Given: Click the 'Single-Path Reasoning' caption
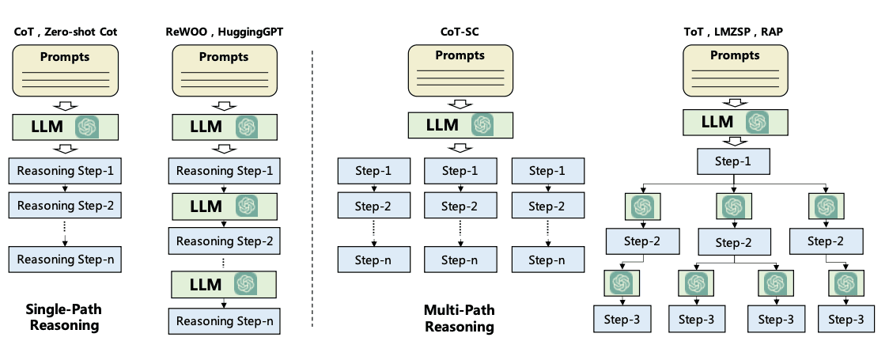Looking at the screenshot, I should [x=63, y=316].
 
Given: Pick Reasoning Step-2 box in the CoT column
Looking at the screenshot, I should [x=66, y=206].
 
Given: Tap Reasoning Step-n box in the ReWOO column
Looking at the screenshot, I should [x=224, y=320].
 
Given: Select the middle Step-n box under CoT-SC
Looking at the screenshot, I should [x=460, y=259].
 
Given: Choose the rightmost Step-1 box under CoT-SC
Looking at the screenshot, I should [x=547, y=171].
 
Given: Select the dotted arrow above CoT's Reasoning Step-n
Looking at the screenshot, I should [x=65, y=232].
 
